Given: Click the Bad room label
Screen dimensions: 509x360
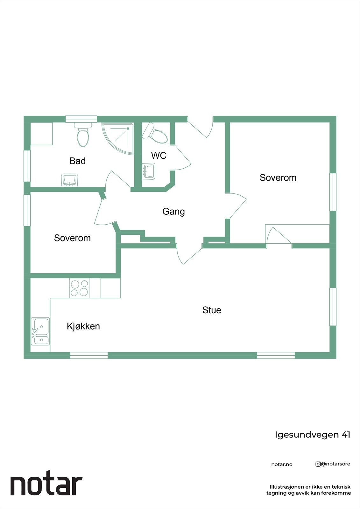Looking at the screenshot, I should click(77, 161).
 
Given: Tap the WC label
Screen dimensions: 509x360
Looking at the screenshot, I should click(159, 156).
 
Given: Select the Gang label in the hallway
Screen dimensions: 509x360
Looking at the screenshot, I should click(173, 212).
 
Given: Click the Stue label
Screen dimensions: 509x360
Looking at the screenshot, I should click(212, 310).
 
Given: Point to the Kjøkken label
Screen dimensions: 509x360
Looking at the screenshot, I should click(83, 326).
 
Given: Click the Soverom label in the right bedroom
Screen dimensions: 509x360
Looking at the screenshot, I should click(278, 178).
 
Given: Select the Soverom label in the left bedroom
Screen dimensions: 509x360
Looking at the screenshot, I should click(72, 238).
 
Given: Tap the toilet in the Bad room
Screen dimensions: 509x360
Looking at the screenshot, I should click(83, 135).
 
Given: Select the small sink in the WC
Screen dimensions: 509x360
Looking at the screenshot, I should click(149, 171).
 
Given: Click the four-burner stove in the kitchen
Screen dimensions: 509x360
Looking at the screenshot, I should click(79, 288).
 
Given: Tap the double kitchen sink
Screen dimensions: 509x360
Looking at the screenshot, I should click(40, 331).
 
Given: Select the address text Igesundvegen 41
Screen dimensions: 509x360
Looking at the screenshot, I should click(312, 435).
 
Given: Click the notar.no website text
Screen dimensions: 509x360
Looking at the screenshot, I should click(282, 464).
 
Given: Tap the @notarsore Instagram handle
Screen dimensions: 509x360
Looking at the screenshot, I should click(333, 464).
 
